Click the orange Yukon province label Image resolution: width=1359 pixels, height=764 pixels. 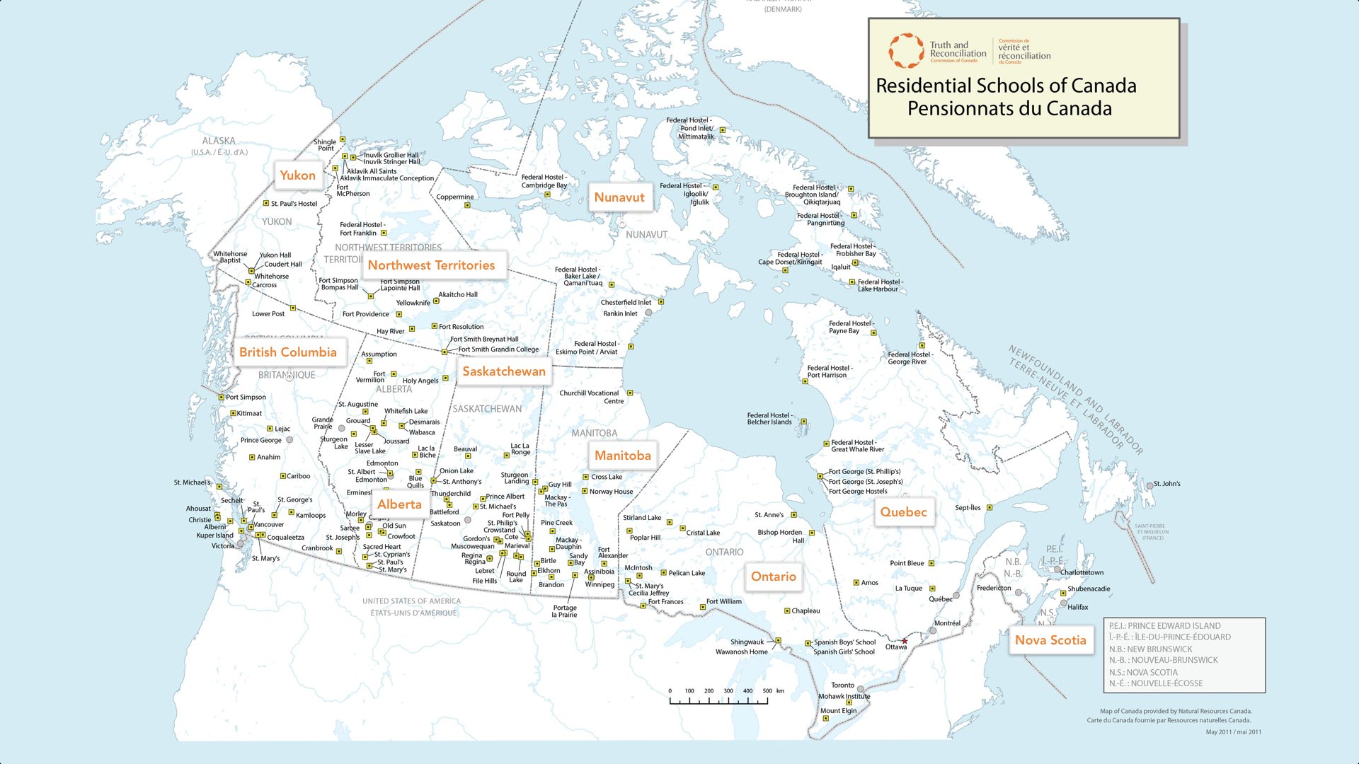click(297, 175)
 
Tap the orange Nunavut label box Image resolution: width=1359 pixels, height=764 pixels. click(619, 197)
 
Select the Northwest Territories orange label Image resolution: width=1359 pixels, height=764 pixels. click(431, 265)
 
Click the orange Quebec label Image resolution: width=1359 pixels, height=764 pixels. click(903, 512)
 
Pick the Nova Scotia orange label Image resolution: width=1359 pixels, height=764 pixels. click(1050, 640)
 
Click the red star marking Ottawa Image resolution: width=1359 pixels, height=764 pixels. click(905, 641)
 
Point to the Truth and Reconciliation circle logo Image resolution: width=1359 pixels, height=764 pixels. click(906, 51)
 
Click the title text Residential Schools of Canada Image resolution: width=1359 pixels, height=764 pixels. click(1006, 86)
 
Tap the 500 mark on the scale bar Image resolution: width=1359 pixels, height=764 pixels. click(767, 691)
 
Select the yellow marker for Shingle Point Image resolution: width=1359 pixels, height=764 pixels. click(343, 139)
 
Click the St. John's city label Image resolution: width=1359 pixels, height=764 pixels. click(1166, 484)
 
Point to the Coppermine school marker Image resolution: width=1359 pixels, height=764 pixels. click(467, 205)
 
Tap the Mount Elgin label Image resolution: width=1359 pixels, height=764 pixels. click(838, 711)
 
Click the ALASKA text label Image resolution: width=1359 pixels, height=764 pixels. click(219, 141)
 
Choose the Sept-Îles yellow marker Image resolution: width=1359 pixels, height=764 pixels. click(990, 508)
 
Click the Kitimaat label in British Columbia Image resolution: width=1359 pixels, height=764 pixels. click(249, 413)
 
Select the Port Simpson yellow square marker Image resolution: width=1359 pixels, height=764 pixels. click(222, 398)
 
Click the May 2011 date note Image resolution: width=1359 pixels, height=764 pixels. click(1233, 732)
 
